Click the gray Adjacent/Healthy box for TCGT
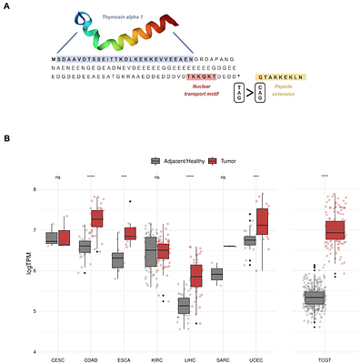[x=314, y=298]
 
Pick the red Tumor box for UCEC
[x=264, y=220]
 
